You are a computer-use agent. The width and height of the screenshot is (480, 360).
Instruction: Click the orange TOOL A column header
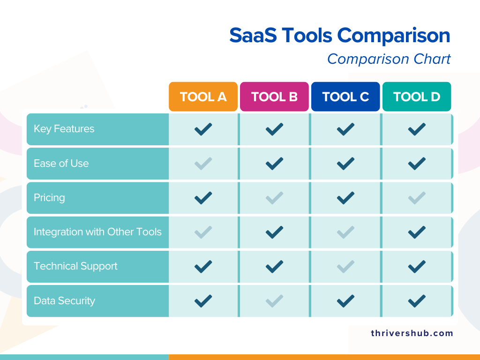(203, 97)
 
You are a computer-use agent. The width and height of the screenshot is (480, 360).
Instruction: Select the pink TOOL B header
(274, 97)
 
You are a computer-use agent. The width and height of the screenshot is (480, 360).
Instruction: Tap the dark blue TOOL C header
(345, 97)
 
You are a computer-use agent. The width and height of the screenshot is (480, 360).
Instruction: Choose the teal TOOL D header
(417, 97)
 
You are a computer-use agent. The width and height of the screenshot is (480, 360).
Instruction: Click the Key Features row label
(64, 129)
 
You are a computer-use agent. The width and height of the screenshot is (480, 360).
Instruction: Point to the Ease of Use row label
(61, 164)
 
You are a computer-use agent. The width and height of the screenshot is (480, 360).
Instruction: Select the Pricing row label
(49, 198)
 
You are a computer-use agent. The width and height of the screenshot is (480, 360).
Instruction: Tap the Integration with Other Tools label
(97, 232)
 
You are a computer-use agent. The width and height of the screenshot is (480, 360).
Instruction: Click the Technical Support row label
(75, 266)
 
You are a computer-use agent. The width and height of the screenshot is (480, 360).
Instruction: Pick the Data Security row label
(64, 301)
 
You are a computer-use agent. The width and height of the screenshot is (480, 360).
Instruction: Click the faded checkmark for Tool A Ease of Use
(203, 164)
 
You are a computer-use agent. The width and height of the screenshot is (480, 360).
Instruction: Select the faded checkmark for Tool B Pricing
(274, 198)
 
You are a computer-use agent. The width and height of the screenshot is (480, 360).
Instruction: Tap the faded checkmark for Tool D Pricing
(417, 198)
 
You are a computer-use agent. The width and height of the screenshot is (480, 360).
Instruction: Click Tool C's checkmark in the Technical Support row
(345, 266)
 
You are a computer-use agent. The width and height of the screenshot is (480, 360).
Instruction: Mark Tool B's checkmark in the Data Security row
(274, 300)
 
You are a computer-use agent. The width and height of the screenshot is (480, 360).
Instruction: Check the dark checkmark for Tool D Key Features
(417, 129)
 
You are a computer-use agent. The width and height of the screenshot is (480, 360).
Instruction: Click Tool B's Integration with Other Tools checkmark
(274, 232)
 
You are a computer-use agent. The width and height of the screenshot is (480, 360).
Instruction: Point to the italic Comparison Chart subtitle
(389, 59)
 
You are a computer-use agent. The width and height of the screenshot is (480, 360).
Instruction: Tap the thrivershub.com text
(412, 333)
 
